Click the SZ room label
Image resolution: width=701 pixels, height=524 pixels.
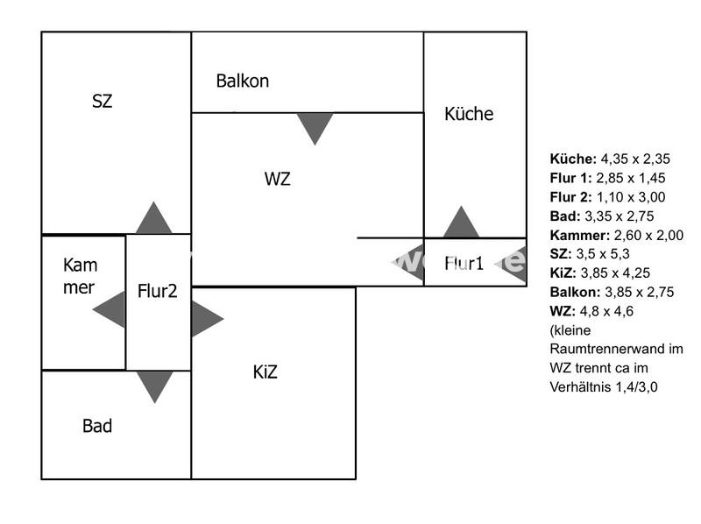coord(103,101)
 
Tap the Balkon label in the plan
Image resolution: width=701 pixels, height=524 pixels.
coord(243,81)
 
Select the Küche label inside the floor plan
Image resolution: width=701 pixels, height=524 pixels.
coord(469,114)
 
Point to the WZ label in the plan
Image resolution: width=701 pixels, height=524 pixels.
coord(278,180)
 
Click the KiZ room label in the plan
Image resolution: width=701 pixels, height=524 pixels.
coord(265,372)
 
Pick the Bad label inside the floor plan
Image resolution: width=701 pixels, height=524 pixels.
coord(97,426)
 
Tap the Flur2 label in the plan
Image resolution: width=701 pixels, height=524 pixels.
coord(157,291)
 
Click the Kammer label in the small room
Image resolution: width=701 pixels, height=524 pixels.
coord(80,276)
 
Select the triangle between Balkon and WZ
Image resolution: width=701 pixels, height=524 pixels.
coord(315,127)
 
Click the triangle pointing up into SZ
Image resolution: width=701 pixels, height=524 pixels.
coord(154,220)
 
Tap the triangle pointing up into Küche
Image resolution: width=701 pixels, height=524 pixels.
coord(461,224)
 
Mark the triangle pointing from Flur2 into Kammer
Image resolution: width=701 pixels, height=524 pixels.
coord(111,308)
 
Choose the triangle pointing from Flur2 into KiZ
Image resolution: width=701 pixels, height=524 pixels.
coord(205,319)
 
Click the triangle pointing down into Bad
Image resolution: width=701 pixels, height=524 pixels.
coord(155,385)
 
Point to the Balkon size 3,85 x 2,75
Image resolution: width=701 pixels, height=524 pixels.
coord(640,292)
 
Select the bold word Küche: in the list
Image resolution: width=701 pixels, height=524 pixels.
coord(573,159)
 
